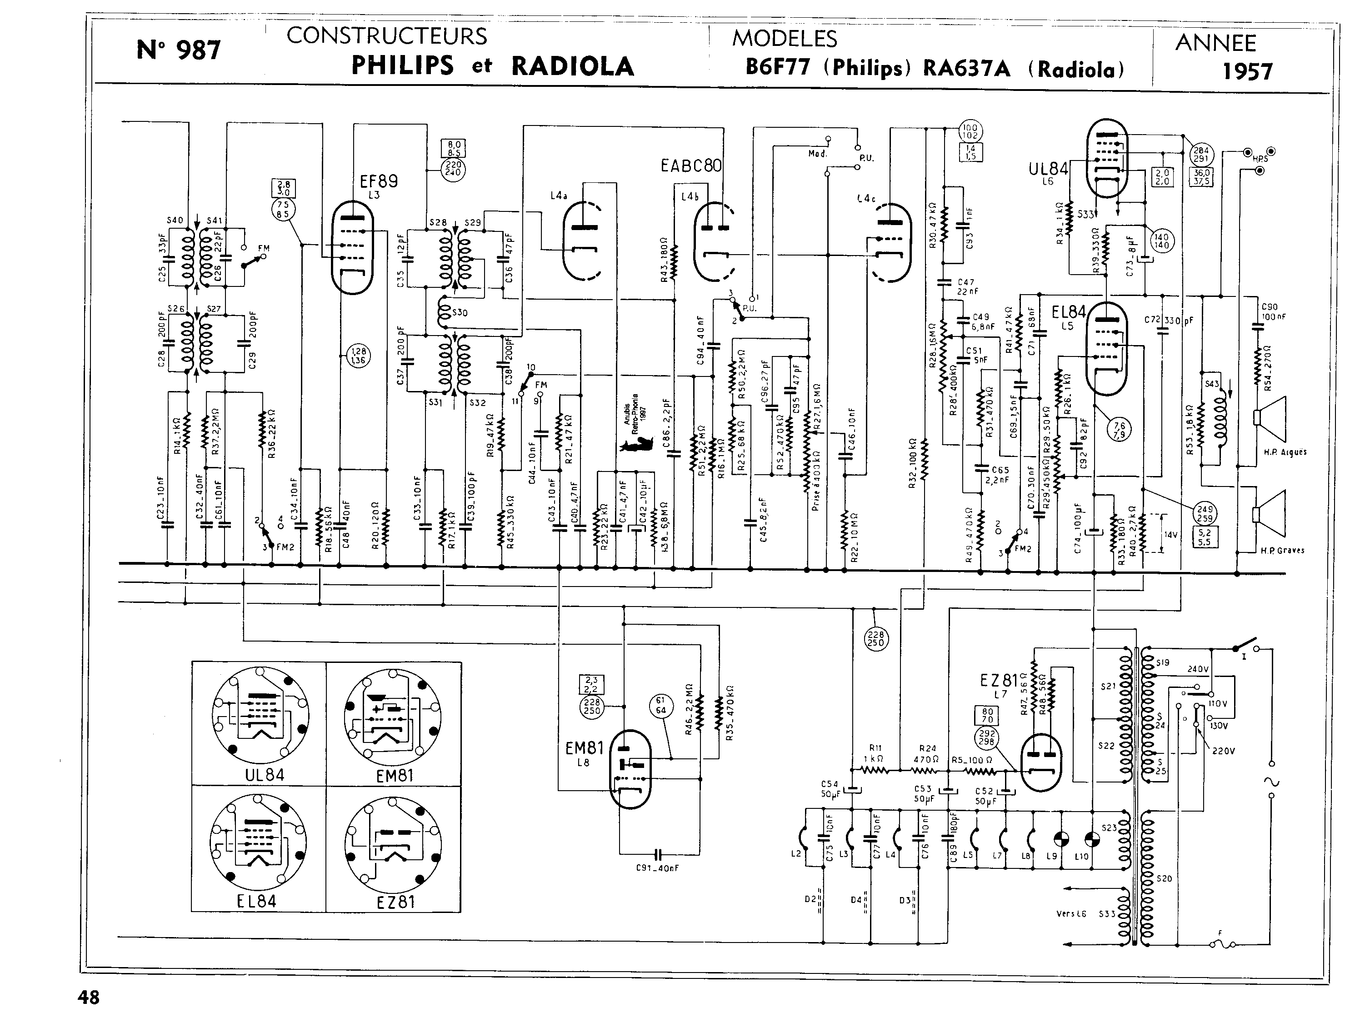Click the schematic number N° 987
coord(178,50)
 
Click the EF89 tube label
coord(379,181)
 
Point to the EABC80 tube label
coord(691,166)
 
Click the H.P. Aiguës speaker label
coord(1285,452)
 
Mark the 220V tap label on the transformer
coord(1223,751)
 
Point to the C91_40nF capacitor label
coord(657,868)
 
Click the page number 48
coord(89,998)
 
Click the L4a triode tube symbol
coord(581,241)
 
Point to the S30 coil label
coord(459,312)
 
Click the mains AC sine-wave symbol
coord(1271,782)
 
